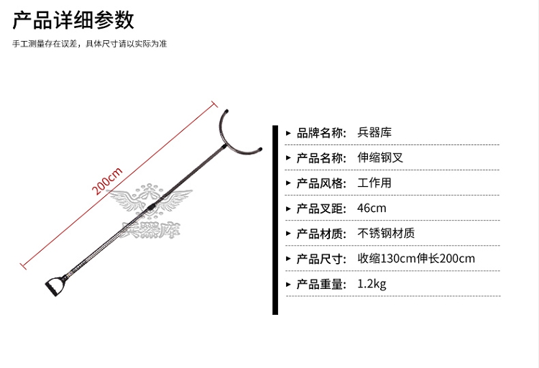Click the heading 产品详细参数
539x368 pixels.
74,19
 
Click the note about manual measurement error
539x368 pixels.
90,44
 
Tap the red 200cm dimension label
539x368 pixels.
109,181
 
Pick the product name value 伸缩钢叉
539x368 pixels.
380,157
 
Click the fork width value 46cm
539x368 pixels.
372,208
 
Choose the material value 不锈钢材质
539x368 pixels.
386,234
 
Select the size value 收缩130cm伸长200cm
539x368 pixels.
416,259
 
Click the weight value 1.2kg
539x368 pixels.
372,284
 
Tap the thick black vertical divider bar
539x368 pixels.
275,220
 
